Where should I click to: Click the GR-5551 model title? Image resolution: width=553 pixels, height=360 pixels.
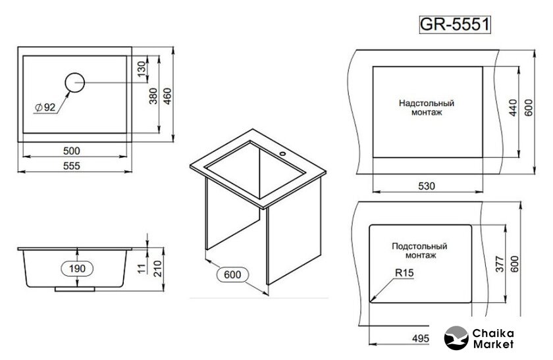click(455, 24)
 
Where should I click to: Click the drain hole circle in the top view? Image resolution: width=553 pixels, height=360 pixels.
click(75, 83)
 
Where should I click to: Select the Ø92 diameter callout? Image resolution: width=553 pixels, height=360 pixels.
click(46, 107)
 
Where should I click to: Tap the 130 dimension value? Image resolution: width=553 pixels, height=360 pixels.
click(141, 68)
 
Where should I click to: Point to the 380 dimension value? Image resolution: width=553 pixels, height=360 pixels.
click(153, 96)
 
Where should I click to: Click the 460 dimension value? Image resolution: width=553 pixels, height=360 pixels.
click(167, 96)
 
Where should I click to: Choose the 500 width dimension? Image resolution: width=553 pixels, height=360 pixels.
click(72, 151)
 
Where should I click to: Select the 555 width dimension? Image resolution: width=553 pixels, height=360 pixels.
click(72, 166)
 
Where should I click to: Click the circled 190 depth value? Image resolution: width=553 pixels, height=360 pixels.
click(77, 269)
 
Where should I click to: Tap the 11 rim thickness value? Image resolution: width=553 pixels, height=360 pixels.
click(141, 268)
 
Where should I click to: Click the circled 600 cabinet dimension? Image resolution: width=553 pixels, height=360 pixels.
click(232, 274)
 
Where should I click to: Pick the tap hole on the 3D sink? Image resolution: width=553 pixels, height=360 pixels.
click(282, 154)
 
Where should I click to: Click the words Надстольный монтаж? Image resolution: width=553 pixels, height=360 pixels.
click(427, 108)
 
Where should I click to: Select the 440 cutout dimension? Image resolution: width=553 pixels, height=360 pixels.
click(513, 108)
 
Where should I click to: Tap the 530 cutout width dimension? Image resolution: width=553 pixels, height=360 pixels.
click(427, 186)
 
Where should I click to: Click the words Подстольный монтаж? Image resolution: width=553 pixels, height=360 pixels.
click(420, 250)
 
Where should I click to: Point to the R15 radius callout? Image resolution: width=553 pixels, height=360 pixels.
click(404, 272)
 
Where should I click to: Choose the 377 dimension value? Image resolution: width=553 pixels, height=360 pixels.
click(500, 264)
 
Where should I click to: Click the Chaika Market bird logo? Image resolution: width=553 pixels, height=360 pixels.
click(456, 338)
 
